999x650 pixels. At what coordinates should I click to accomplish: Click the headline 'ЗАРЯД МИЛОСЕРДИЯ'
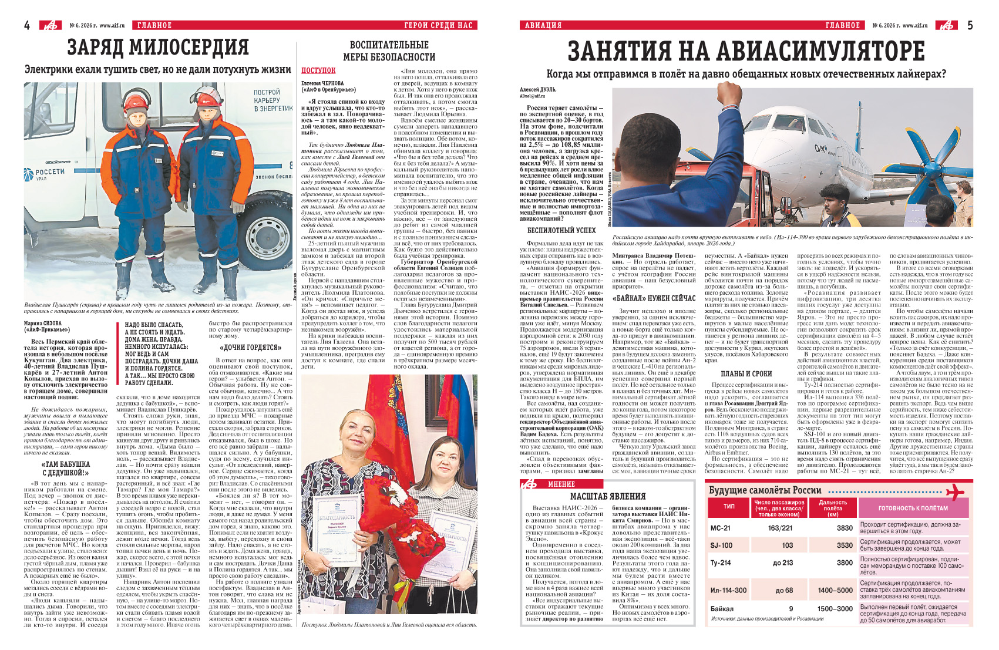coord(158,48)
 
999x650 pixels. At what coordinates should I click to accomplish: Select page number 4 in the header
coord(27,25)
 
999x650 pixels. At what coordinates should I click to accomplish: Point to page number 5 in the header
coord(970,25)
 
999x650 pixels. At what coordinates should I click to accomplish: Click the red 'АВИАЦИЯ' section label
coord(543,25)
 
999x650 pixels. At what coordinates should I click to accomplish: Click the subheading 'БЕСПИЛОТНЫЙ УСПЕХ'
coord(561,231)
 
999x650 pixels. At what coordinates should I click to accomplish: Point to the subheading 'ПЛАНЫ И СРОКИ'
coord(746,373)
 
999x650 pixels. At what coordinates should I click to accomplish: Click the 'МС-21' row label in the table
coord(721,528)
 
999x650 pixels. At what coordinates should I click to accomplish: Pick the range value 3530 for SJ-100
coord(844,545)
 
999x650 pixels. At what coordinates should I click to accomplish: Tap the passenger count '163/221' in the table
coord(780,528)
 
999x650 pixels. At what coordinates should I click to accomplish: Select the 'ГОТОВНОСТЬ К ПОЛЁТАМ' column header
coord(913,508)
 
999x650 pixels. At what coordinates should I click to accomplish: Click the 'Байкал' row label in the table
coord(722,609)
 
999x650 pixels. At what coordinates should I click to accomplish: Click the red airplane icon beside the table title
coord(955,491)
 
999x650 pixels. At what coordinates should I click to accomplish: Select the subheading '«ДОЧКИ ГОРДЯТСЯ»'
coord(250,348)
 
